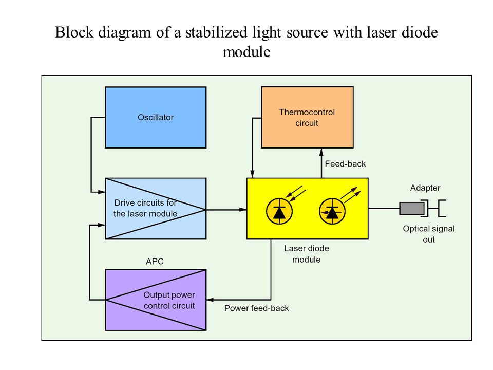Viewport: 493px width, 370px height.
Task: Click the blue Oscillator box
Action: (156, 117)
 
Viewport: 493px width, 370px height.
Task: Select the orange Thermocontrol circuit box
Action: (307, 117)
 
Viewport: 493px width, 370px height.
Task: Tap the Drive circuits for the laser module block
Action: (156, 209)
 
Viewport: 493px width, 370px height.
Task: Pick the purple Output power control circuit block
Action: (156, 300)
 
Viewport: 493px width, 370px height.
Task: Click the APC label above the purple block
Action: (155, 261)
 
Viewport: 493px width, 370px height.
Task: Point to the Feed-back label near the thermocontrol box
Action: (345, 163)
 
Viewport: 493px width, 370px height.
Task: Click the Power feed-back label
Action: (257, 308)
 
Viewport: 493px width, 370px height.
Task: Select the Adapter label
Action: (425, 188)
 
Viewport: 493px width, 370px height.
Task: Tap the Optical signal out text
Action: (429, 234)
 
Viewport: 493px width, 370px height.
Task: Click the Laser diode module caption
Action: (307, 254)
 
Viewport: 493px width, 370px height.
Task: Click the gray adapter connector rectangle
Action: (411, 208)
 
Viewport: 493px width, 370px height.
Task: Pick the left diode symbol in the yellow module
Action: (279, 211)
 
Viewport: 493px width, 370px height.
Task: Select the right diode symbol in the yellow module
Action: (332, 211)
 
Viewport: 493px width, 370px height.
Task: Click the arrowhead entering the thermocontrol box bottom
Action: (321, 152)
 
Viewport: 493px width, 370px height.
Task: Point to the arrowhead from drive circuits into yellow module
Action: (243, 210)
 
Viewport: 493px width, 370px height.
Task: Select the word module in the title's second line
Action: (246, 52)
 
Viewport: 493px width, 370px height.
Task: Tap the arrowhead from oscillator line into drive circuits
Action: (101, 192)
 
